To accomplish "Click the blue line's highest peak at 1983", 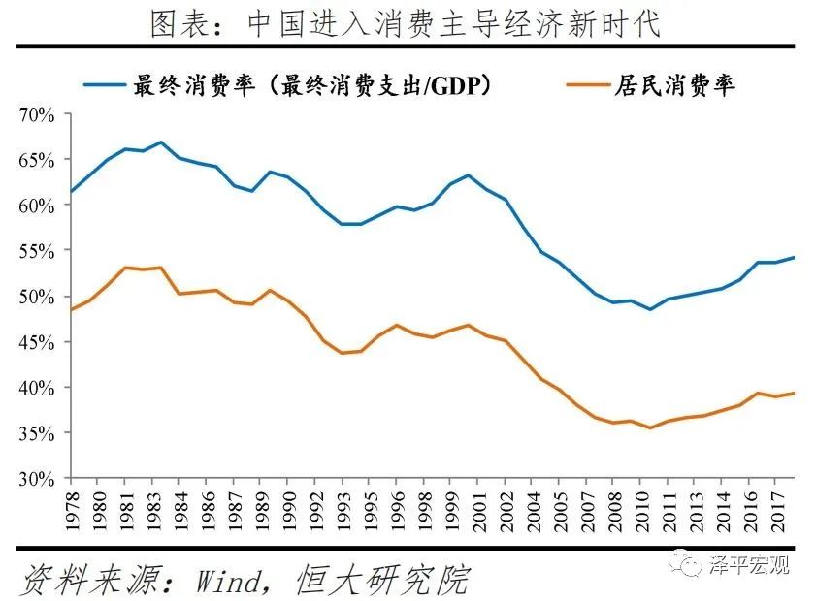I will point(161,142).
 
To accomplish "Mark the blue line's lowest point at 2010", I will point(650,309).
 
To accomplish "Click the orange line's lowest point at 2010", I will point(650,427).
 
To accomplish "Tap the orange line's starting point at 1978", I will point(70,309).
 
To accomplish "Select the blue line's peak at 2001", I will point(469,175).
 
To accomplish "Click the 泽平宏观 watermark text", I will point(751,564).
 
